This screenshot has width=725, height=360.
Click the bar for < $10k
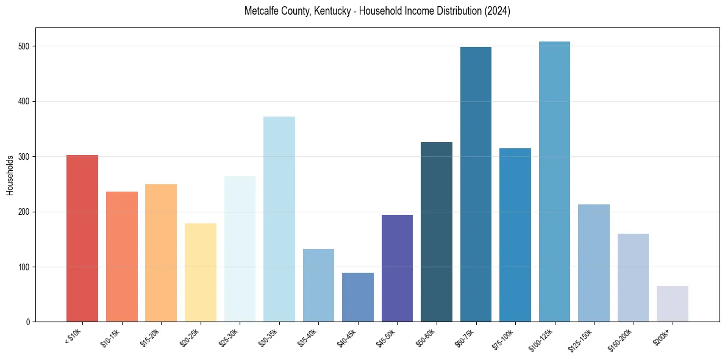point(82,239)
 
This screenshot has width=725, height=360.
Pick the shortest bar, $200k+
point(673,304)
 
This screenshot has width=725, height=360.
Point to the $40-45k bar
point(358,297)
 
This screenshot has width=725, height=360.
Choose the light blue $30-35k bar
point(279,219)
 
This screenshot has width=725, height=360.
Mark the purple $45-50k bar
point(397,268)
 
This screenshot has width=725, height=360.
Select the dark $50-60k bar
point(437,232)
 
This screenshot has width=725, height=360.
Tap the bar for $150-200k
point(633,278)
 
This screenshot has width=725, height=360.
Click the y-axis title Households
point(10,175)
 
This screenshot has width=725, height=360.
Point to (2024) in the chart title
point(498,11)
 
